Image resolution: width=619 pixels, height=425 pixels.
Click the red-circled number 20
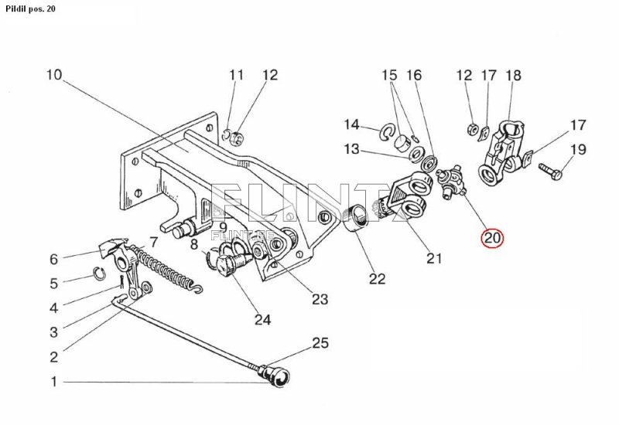pyautogui.click(x=492, y=238)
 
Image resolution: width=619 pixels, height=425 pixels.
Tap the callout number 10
pyautogui.click(x=54, y=74)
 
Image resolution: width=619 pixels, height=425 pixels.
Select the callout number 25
pyautogui.click(x=320, y=343)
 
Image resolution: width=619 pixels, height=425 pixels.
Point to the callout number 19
pyautogui.click(x=578, y=149)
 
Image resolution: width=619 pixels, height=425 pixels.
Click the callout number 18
pyautogui.click(x=514, y=75)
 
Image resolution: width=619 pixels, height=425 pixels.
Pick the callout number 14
pyautogui.click(x=351, y=124)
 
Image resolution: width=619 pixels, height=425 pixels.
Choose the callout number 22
pyautogui.click(x=377, y=279)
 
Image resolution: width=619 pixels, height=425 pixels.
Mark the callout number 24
pyautogui.click(x=262, y=319)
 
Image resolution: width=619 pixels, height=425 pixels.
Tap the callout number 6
pyautogui.click(x=54, y=259)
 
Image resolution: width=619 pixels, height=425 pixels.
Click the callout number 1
pyautogui.click(x=54, y=382)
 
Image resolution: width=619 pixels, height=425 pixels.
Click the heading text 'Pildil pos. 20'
pyautogui.click(x=30, y=8)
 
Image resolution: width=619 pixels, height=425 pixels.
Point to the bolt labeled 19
pyautogui.click(x=550, y=171)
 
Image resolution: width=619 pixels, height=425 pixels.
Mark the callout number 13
pyautogui.click(x=351, y=149)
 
